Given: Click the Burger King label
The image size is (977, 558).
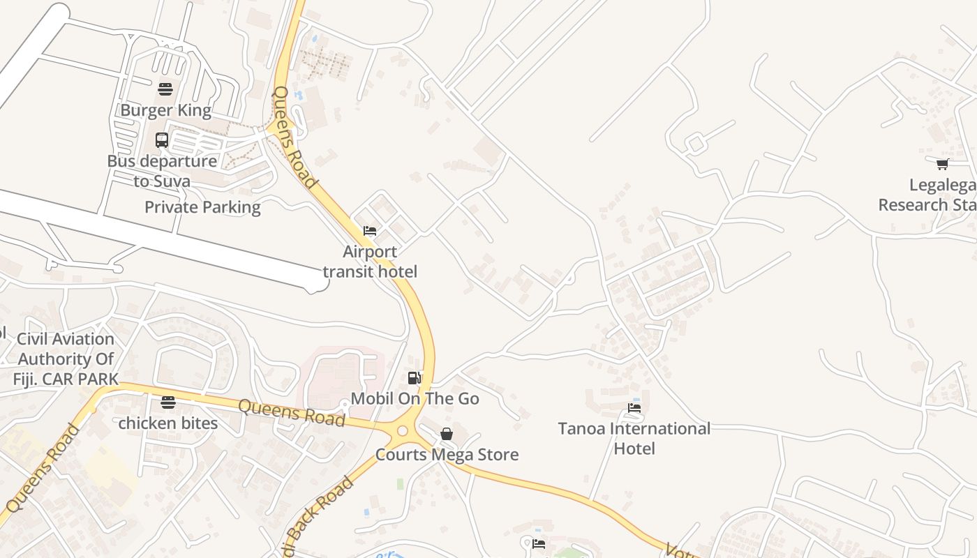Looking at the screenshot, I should click(x=165, y=110).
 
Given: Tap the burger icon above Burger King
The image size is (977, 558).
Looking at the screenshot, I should click(x=165, y=89).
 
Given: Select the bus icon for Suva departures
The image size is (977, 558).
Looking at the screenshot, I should click(x=162, y=140).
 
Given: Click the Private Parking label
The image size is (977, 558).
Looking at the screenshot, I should click(x=202, y=207).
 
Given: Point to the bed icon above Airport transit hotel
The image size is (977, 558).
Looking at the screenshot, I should click(x=370, y=231).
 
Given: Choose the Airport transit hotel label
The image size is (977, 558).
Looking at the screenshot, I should click(x=370, y=262).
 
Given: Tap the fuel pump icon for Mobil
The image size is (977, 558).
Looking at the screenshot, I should click(x=415, y=378).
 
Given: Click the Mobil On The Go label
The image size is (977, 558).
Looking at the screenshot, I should click(x=415, y=398).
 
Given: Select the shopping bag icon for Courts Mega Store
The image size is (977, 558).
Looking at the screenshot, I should click(x=447, y=434).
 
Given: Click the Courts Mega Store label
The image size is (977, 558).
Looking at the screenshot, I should click(x=447, y=455).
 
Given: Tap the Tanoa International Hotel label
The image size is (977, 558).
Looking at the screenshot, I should click(x=634, y=438).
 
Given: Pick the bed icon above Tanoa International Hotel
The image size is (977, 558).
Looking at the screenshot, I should click(x=634, y=407).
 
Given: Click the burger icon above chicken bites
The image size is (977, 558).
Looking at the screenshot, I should click(x=167, y=402).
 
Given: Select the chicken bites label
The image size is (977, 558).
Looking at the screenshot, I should click(x=167, y=423).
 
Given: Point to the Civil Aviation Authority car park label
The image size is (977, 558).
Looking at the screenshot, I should click(x=65, y=359).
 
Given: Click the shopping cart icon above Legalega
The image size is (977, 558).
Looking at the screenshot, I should click(x=943, y=165).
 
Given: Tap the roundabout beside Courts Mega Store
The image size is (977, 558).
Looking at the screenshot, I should click(x=402, y=431).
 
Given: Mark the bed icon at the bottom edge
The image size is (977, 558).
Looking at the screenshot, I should click(x=539, y=544).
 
